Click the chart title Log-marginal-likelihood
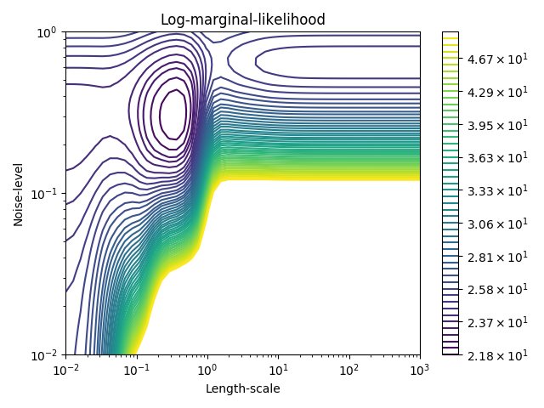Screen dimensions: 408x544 242,20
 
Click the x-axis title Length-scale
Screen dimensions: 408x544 242,389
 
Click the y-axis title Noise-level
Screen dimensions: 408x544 19,194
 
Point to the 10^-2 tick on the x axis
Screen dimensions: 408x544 65,370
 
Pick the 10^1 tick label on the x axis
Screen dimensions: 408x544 278,370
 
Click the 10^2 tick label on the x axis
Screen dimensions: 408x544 349,370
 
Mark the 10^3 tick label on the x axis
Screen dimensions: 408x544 420,370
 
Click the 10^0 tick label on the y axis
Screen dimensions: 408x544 46,32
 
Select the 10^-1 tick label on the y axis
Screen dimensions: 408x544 44,194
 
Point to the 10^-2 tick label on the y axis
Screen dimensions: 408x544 44,354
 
